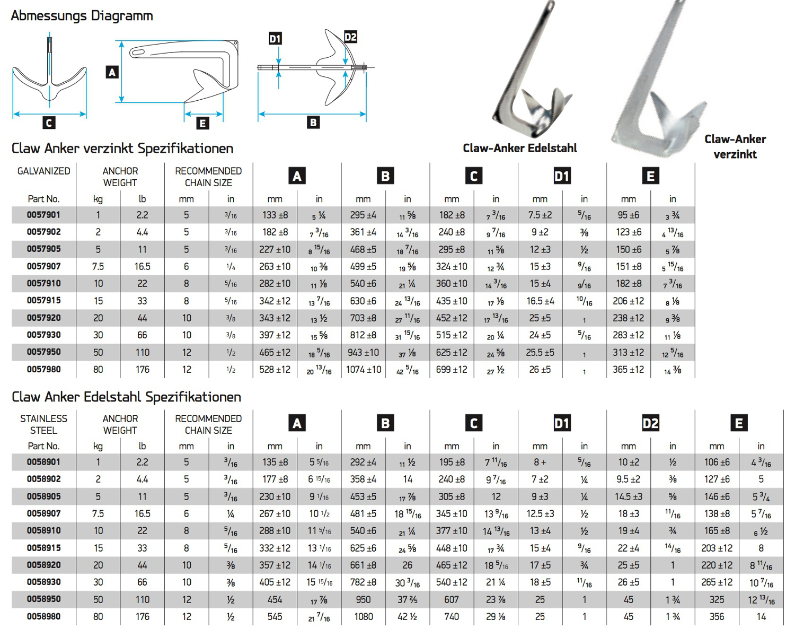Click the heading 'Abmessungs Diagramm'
pyautogui.click(x=82, y=16)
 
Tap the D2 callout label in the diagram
pyautogui.click(x=350, y=37)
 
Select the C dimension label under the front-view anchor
pyautogui.click(x=49, y=123)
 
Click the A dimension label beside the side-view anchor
pyautogui.click(x=112, y=72)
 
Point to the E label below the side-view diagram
pyautogui.click(x=202, y=124)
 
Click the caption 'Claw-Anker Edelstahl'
pyautogui.click(x=519, y=149)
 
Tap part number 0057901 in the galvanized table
pyautogui.click(x=44, y=215)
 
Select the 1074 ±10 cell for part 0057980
pyautogui.click(x=364, y=370)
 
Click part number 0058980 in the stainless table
pyautogui.click(x=44, y=616)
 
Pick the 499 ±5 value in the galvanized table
pyautogui.click(x=364, y=266)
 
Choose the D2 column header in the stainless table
pyautogui.click(x=650, y=423)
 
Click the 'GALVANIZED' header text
pyautogui.click(x=44, y=171)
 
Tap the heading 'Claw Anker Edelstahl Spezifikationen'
pyautogui.click(x=126, y=397)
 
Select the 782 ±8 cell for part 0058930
pyautogui.click(x=364, y=582)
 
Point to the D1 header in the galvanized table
pyautogui.click(x=562, y=176)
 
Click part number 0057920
pyautogui.click(x=44, y=318)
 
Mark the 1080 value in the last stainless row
pyautogui.click(x=364, y=617)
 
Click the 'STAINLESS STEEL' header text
pyautogui.click(x=44, y=424)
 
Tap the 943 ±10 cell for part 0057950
pyautogui.click(x=364, y=353)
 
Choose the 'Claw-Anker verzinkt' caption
pyautogui.click(x=735, y=147)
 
